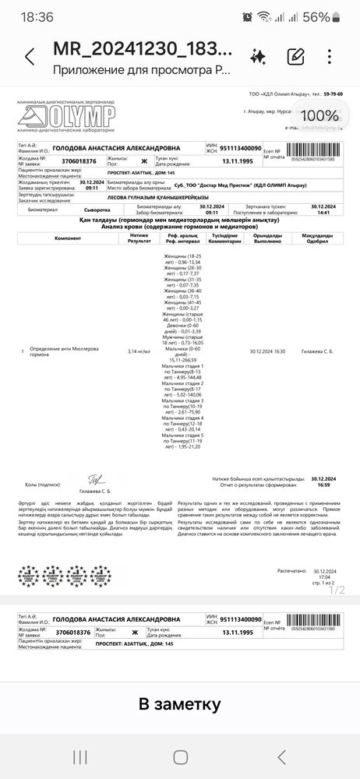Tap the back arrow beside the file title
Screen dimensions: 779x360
(30, 57)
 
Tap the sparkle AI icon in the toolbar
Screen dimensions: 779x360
(258, 55)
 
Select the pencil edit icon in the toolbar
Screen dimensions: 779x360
(295, 56)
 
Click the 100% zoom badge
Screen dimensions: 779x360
(332, 114)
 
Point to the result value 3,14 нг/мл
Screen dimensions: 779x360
(139, 351)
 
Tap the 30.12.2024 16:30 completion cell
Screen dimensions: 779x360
(267, 351)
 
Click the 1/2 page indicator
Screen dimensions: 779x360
(336, 590)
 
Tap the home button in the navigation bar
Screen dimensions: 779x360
(180, 757)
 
